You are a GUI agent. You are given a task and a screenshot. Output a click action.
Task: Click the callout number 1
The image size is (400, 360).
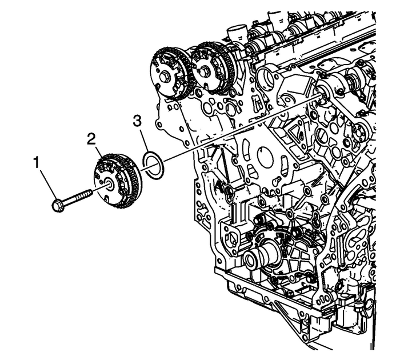pyautogui.click(x=37, y=163)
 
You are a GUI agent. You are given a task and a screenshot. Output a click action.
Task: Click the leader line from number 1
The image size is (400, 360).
pyautogui.click(x=47, y=183)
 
